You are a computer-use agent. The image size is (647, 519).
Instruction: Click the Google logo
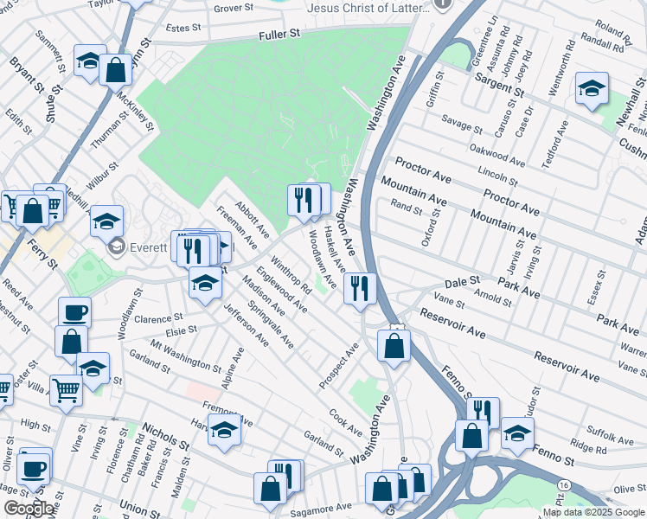pos(29,509)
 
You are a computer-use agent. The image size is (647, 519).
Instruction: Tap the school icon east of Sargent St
pos(592,88)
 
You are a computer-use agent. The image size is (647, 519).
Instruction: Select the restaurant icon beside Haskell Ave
pos(360,287)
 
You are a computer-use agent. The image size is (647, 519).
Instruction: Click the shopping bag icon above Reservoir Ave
pos(394,345)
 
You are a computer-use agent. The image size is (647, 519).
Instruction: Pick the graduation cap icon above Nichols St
pos(224,429)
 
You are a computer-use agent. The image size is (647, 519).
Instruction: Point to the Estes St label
pos(183,28)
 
